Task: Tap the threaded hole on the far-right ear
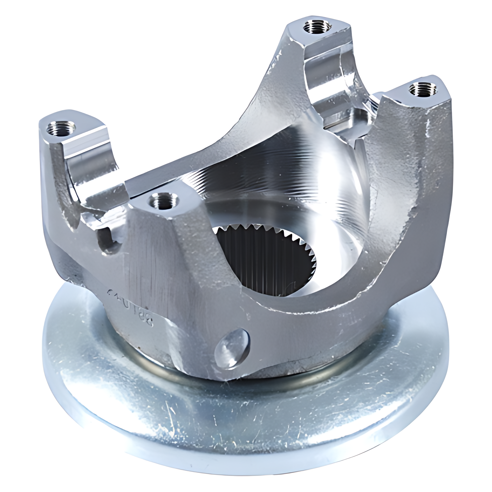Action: pyautogui.click(x=421, y=89)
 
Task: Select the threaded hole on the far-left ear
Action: pyautogui.click(x=61, y=129)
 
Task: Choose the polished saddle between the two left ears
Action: pyautogui.click(x=97, y=187)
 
